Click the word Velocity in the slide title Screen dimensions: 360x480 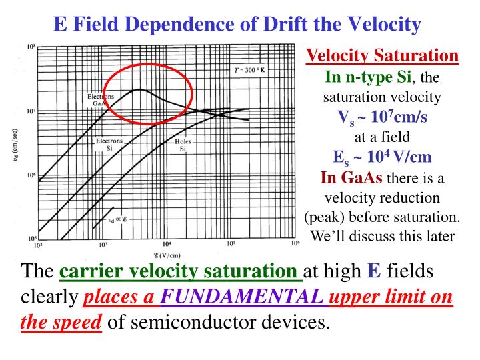pyautogui.click(x=378, y=25)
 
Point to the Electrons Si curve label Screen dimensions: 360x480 pyautogui.click(x=109, y=145)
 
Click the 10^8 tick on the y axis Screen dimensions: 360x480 pyautogui.click(x=31, y=47)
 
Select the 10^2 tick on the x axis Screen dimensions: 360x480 pyautogui.click(x=38, y=245)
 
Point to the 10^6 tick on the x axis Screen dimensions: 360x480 pyautogui.click(x=294, y=245)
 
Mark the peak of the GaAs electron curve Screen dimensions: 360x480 pyautogui.click(x=137, y=89)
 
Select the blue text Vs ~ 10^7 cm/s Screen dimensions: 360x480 pyautogui.click(x=383, y=117)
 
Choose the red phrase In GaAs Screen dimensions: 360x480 pyautogui.click(x=351, y=178)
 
